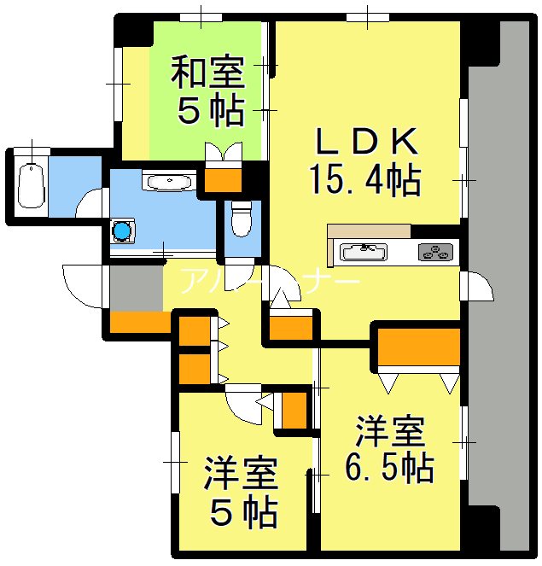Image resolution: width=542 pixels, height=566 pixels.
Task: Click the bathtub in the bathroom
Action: pyautogui.click(x=31, y=184)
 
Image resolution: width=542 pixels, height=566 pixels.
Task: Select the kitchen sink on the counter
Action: pyautogui.click(x=364, y=252)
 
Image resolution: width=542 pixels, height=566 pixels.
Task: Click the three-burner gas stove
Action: pyautogui.click(x=436, y=252)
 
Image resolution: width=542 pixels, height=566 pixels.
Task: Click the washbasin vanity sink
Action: pyautogui.click(x=161, y=181)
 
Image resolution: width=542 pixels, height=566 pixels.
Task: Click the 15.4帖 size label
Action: pyautogui.click(x=364, y=178)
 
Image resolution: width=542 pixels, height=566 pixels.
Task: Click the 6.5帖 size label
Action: pyautogui.click(x=389, y=467)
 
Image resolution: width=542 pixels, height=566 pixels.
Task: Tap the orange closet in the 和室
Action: pyautogui.click(x=224, y=179)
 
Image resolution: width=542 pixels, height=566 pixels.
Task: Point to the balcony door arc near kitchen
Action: pyautogui.click(x=478, y=287)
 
